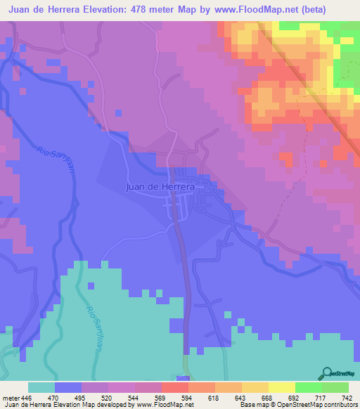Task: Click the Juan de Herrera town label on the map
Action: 164,188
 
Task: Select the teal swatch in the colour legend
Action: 41,387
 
